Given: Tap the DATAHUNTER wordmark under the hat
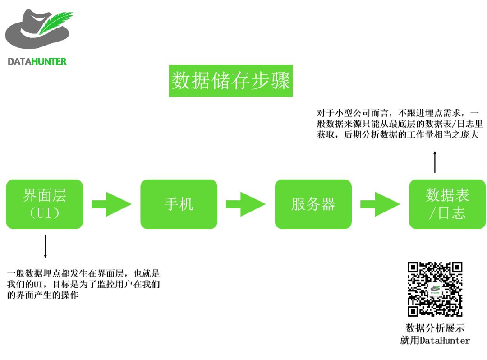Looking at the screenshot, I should click(37, 61).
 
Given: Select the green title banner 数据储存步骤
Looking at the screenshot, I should click(230, 81).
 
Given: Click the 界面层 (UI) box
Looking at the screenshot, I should click(45, 204).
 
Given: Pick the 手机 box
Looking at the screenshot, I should click(179, 204).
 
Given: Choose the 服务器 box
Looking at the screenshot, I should click(313, 204).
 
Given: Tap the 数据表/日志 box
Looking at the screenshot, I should click(447, 204).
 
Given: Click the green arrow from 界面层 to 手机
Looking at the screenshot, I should click(111, 204).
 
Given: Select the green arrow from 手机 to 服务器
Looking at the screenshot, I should click(245, 204).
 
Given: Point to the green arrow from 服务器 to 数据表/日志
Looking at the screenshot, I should click(380, 204).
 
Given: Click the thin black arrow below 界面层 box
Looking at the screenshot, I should click(45, 246).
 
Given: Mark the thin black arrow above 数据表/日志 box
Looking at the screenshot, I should click(435, 162).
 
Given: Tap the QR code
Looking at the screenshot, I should click(435, 289).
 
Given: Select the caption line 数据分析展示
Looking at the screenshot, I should click(435, 328).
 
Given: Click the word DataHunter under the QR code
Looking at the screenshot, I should click(445, 341).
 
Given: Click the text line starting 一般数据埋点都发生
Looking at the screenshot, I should click(84, 274).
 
